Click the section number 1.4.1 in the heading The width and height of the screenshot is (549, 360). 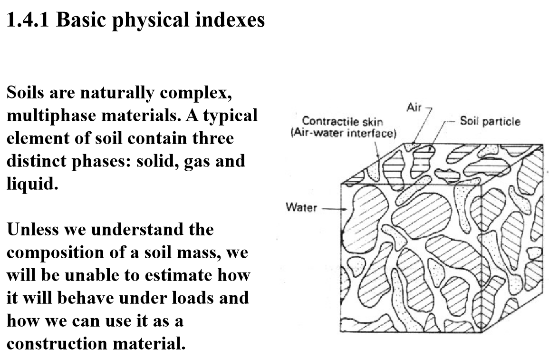pos(29,21)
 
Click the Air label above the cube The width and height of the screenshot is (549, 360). pos(414,108)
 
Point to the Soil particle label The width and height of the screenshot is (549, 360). pos(490,122)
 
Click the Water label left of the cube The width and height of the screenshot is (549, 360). pos(301,207)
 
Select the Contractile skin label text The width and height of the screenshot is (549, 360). pos(343,122)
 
